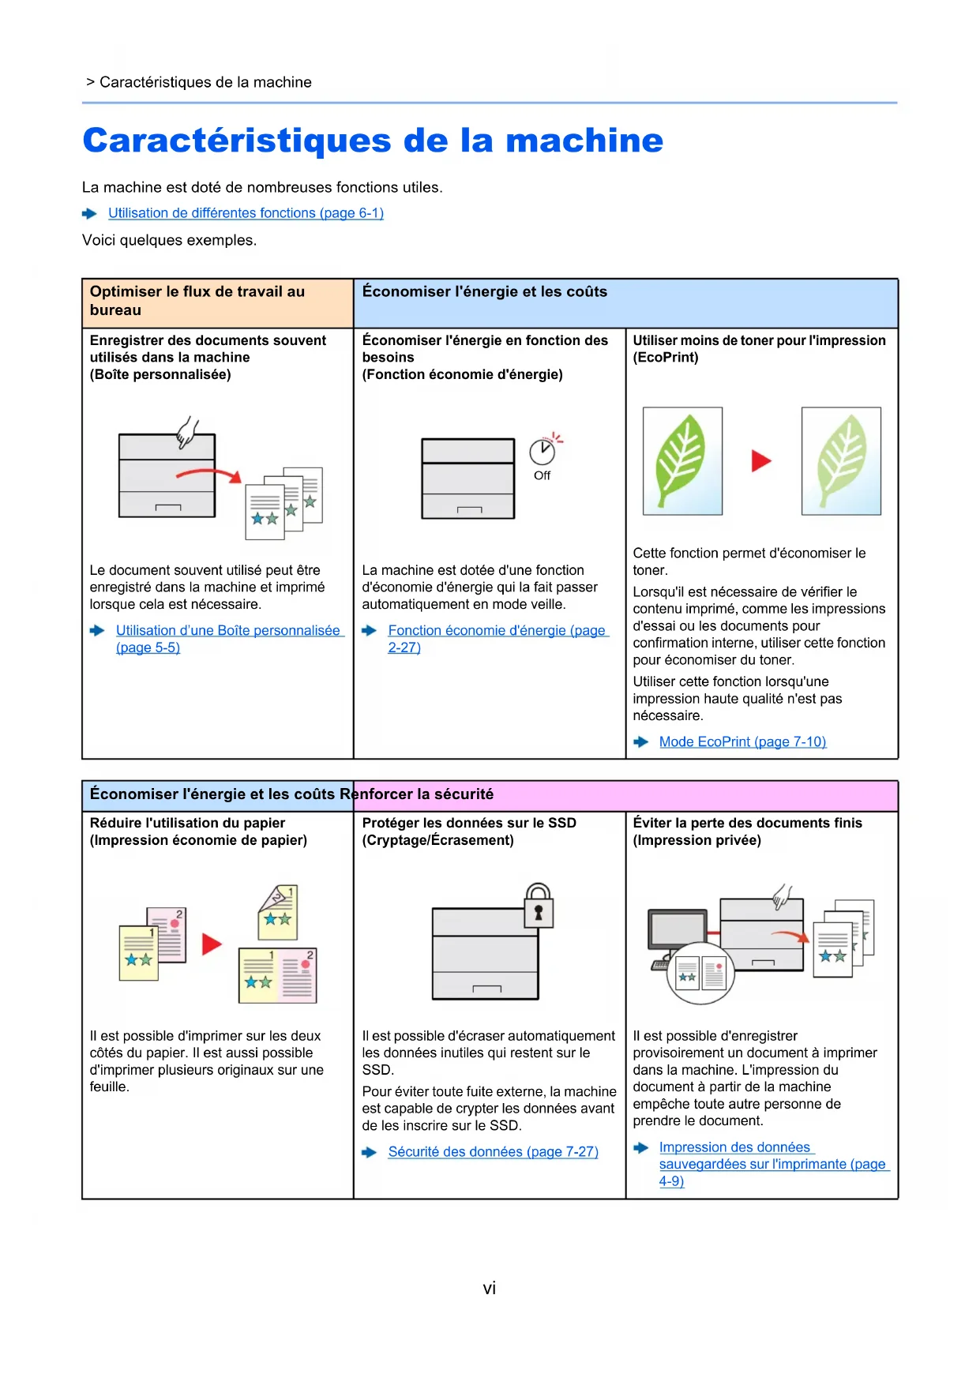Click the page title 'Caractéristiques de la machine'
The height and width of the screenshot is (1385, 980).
coord(373,141)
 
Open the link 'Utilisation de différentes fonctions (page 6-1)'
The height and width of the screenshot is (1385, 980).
coord(246,213)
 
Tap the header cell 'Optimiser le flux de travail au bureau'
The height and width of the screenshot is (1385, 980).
coord(197,301)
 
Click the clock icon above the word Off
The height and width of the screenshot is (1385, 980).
coord(543,451)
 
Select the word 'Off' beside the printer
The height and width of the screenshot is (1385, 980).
coord(542,475)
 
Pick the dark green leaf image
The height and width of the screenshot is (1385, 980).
coord(682,461)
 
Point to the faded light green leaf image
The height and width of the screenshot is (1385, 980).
coord(841,461)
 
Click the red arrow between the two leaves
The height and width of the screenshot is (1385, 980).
coord(760,461)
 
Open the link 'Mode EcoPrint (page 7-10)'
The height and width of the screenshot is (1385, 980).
coord(742,742)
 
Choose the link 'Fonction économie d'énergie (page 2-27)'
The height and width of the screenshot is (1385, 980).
coord(497,631)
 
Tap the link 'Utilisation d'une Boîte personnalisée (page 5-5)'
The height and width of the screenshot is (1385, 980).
coord(227,631)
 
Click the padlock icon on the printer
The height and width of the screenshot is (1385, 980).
coord(539,906)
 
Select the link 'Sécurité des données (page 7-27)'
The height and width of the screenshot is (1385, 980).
coord(493,1152)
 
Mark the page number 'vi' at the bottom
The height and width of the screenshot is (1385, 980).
coord(490,1289)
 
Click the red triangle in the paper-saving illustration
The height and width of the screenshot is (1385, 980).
coord(212,944)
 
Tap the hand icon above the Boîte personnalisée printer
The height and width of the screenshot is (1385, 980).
coord(187,432)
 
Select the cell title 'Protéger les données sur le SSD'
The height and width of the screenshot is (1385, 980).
coord(469,823)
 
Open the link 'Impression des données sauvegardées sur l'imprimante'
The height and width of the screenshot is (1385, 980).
coord(734,1147)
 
